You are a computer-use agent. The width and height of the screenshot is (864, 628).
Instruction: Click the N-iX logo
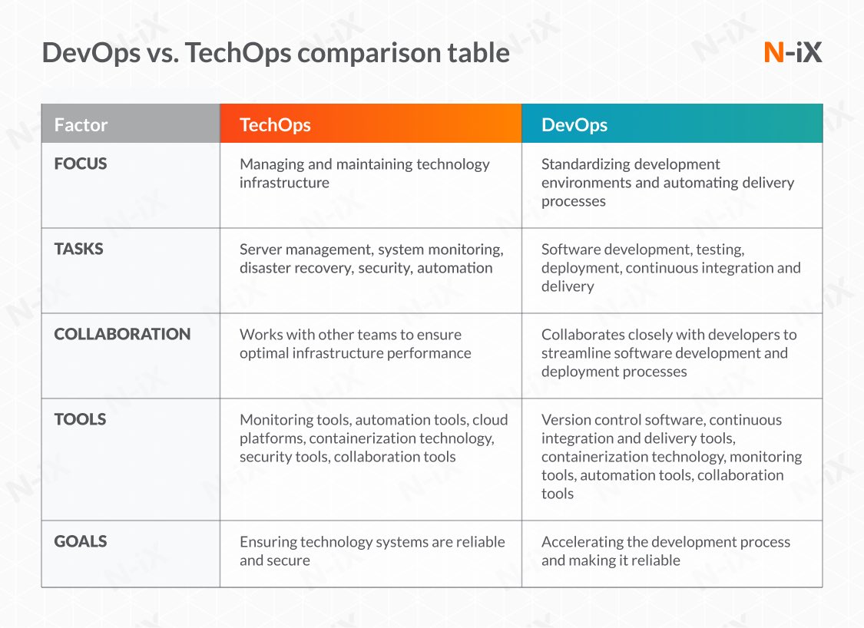click(x=793, y=52)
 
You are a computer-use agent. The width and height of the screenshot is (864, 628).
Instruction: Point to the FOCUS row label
click(x=81, y=164)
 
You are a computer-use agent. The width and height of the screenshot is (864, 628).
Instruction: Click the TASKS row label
click(x=78, y=249)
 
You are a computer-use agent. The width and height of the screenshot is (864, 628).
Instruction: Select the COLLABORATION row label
click(x=122, y=334)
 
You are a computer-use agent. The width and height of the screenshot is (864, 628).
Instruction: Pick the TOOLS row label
click(x=80, y=419)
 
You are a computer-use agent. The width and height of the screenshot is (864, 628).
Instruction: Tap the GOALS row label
click(x=81, y=541)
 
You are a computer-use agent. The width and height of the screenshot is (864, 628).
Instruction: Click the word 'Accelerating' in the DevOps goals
click(x=582, y=542)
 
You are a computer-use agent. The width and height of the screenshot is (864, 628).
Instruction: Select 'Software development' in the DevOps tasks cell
click(x=609, y=250)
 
